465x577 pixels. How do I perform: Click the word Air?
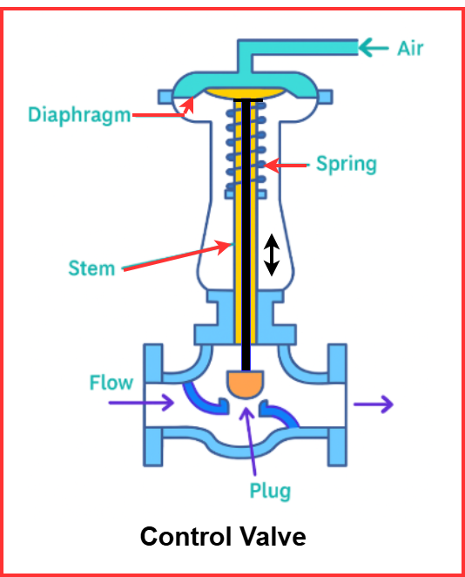(x=410, y=47)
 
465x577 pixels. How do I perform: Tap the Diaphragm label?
(x=78, y=114)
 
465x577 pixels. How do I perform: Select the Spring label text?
(x=346, y=163)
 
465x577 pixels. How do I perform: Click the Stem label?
(x=91, y=268)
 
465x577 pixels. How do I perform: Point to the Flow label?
(x=111, y=382)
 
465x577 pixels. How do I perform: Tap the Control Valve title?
(x=223, y=536)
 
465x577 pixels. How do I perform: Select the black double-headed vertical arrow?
(x=272, y=255)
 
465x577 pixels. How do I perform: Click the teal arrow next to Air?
(x=374, y=47)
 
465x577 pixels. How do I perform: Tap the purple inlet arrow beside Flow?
(x=153, y=403)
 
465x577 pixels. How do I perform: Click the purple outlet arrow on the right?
(x=374, y=404)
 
